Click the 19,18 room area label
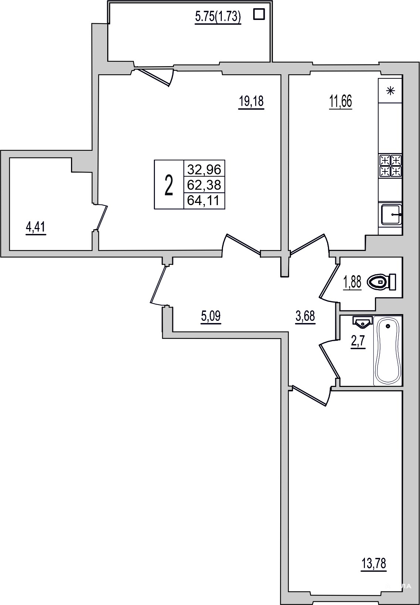[x=251, y=102]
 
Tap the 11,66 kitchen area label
[x=340, y=102]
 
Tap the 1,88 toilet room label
[x=352, y=283]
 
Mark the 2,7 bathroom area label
[x=358, y=343]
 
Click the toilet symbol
[x=381, y=282]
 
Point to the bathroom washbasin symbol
[x=363, y=322]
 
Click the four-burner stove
[x=390, y=166]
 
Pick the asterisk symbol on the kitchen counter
[x=390, y=91]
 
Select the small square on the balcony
[x=259, y=14]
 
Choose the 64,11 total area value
[x=204, y=201]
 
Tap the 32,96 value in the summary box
[x=204, y=169]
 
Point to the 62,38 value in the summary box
[x=204, y=185]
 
